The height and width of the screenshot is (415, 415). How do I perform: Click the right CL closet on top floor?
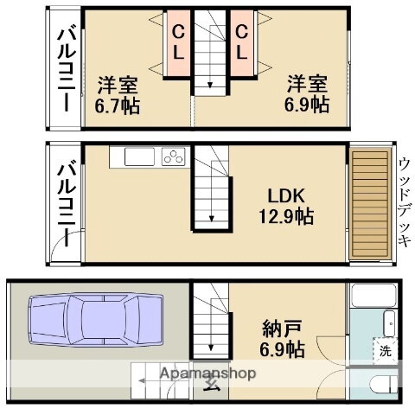[x=242, y=42]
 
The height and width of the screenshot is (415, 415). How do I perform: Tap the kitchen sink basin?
[x=138, y=157]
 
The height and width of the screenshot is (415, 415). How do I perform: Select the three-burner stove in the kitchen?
[x=174, y=157]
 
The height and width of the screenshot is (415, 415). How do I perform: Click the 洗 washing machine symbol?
[x=385, y=351]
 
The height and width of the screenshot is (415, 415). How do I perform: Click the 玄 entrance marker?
[x=211, y=386]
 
